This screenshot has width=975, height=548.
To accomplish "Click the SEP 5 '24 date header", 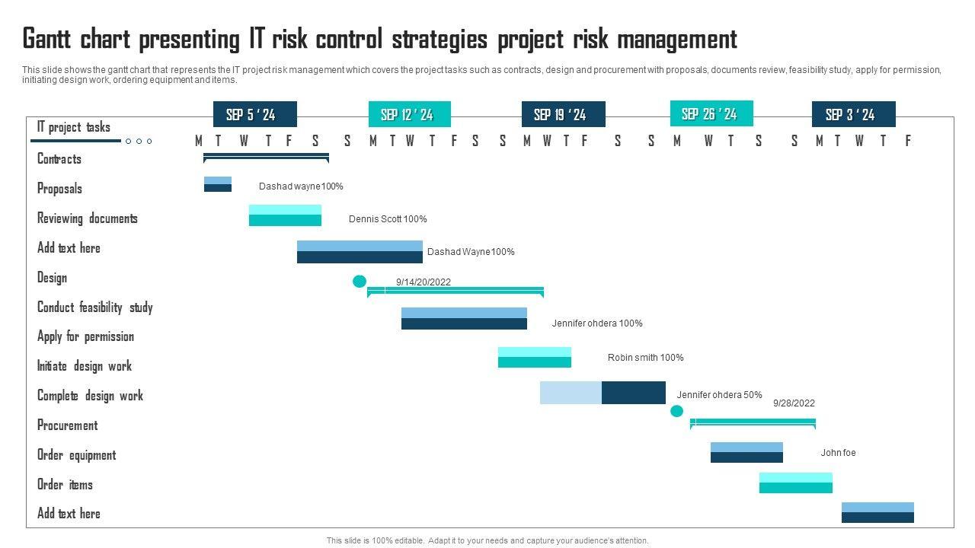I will point(254,115).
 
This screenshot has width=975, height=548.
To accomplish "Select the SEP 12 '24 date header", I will point(410,115).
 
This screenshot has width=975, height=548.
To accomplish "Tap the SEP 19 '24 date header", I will point(563,115).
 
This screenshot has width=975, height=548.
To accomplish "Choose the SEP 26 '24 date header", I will point(711,114).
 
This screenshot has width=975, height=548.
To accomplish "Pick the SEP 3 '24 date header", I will point(853,115).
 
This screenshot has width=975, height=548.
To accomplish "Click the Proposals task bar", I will point(218,184).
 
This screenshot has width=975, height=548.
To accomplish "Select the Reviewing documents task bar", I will point(285,215).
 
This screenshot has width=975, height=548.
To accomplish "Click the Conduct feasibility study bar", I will point(464,318).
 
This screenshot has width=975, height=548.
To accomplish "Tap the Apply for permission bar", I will point(534,357).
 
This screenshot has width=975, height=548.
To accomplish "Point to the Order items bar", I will point(795,483).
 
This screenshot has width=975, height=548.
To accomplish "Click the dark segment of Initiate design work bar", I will point(633,393).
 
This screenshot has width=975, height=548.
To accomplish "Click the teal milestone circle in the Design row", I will point(360,282).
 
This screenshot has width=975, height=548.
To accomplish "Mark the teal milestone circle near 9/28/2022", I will point(676,412).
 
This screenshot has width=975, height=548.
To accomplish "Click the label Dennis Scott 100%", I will point(388,219).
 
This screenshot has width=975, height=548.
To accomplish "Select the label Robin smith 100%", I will point(645,358).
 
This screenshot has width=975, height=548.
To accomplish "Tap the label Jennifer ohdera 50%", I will point(719,395).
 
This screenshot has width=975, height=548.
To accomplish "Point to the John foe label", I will point(838,453).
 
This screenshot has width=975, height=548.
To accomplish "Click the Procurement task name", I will point(68,425).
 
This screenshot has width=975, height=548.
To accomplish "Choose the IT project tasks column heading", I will point(73,127).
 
